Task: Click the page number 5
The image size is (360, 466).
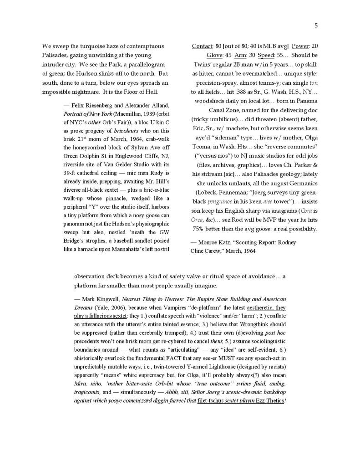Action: [x=316, y=26]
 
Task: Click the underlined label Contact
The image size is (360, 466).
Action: [x=202, y=46]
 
